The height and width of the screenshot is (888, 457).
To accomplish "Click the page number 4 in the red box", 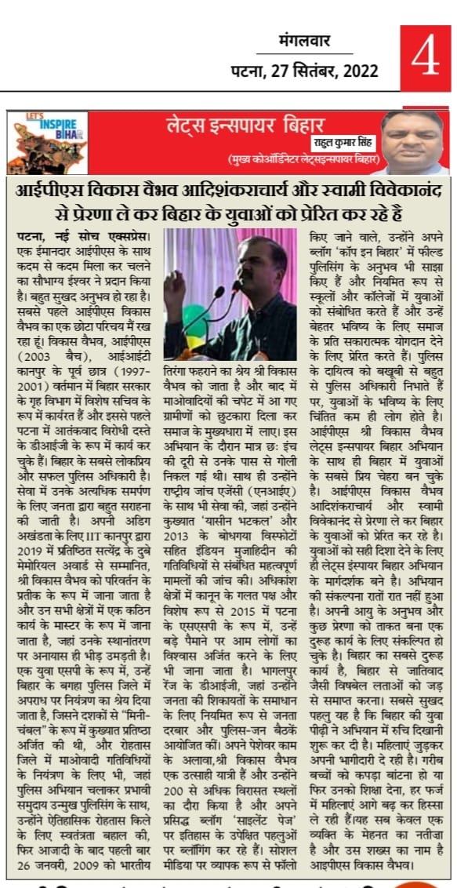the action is point(425,59).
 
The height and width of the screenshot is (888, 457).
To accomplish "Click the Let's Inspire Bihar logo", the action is point(47,143).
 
